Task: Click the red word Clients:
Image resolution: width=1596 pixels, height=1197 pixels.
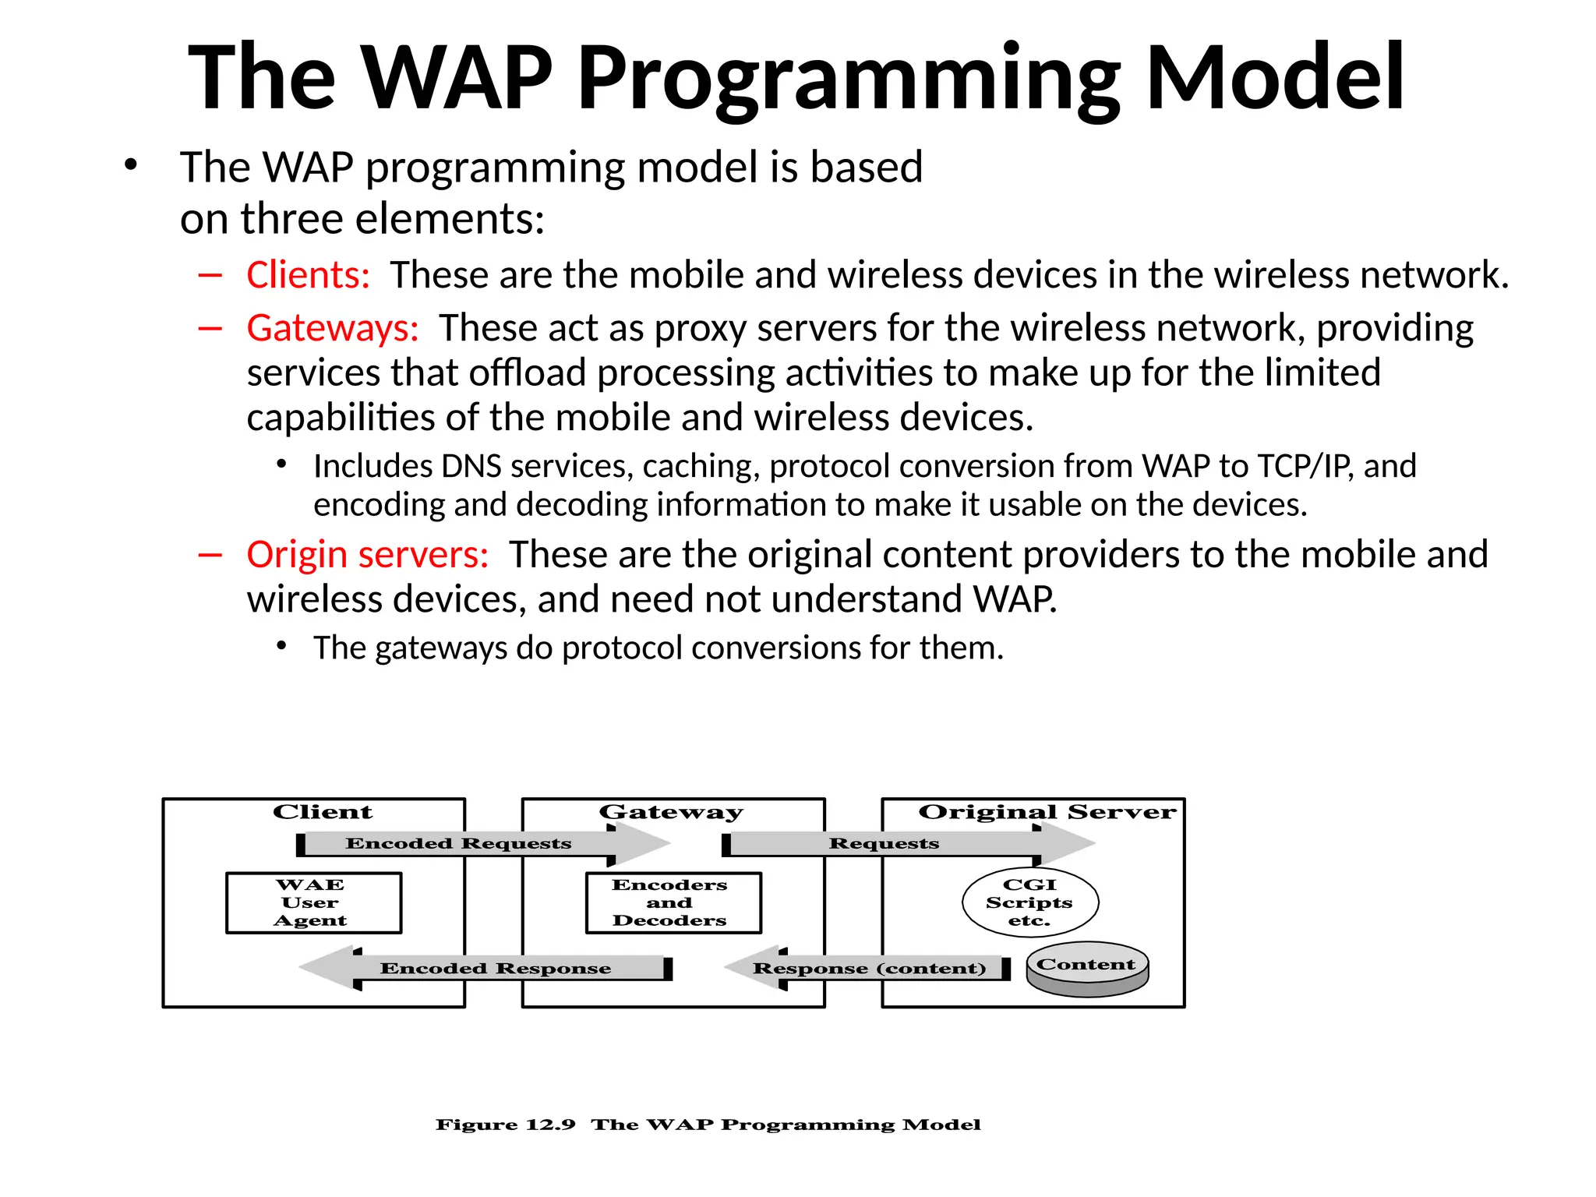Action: [308, 275]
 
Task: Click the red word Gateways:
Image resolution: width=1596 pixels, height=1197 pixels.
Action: [333, 328]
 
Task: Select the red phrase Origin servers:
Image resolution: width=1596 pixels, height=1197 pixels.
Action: [367, 555]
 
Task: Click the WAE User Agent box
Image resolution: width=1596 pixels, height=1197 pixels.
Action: [313, 902]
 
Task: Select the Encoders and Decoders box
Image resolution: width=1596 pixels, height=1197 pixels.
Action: [673, 902]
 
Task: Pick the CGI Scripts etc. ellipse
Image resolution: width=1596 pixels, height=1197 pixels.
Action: [1029, 902]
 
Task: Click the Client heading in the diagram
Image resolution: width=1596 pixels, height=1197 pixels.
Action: [322, 812]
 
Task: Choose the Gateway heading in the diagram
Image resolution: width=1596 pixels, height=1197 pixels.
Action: [671, 812]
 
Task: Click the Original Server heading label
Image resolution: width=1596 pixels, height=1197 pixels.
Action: [1047, 812]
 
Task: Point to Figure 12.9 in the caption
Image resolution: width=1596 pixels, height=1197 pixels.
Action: [505, 1125]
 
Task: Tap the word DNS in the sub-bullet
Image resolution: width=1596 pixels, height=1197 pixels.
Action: [471, 466]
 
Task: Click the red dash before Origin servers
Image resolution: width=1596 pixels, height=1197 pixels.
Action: [210, 555]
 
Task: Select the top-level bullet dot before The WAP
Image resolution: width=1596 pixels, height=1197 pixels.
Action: [130, 165]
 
